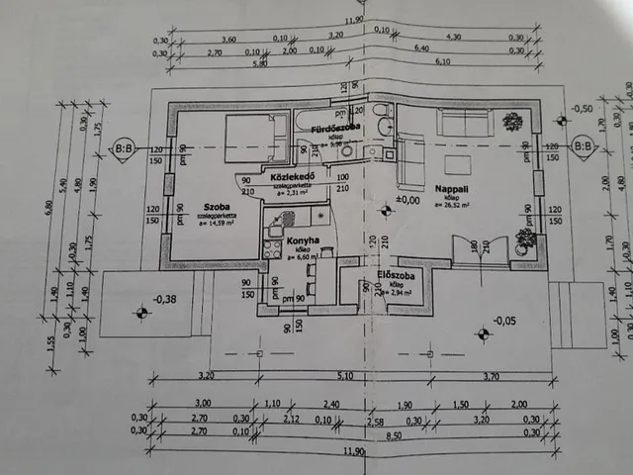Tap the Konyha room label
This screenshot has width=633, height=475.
click(x=301, y=240)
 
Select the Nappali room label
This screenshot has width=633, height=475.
click(x=449, y=186)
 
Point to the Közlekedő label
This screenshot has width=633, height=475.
click(x=292, y=178)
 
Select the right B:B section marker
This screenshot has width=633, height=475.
click(x=584, y=148)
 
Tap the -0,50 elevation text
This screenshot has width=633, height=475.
click(x=583, y=107)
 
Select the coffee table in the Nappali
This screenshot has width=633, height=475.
click(x=457, y=163)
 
